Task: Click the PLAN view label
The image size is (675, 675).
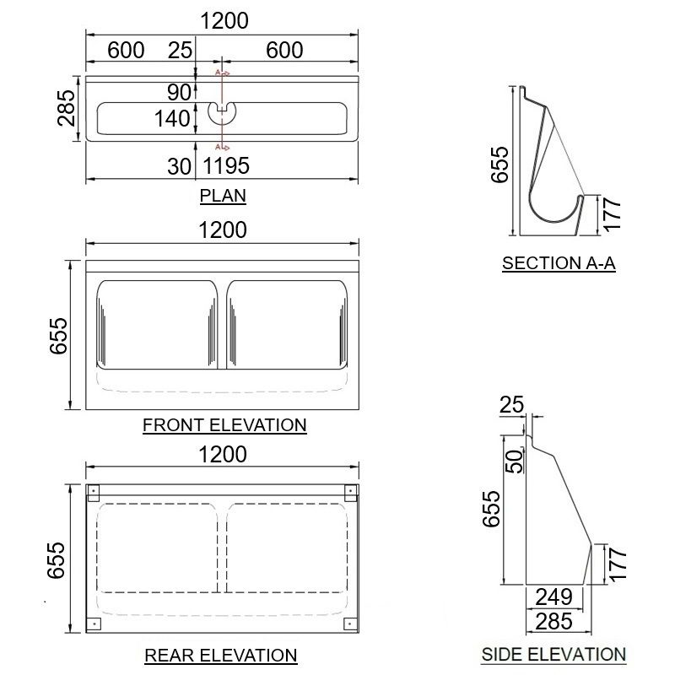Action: (223, 196)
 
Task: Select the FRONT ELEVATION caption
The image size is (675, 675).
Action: (224, 424)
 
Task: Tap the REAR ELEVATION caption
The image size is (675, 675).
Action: (221, 655)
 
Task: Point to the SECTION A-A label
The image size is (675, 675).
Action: (559, 263)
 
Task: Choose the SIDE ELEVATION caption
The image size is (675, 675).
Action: (553, 654)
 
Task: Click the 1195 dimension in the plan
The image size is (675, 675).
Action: (226, 166)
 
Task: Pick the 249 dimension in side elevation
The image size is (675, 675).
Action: (553, 597)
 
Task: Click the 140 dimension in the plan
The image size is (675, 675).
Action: (172, 119)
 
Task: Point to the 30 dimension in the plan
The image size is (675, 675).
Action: (179, 166)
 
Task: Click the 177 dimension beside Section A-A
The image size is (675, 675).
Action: (613, 215)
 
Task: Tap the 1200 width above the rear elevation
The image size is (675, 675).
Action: (223, 455)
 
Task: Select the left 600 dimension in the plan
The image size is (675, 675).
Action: (126, 50)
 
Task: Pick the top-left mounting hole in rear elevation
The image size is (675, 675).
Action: (93, 492)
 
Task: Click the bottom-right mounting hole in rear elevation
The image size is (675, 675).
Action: (349, 624)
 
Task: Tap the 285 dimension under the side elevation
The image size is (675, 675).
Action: (553, 622)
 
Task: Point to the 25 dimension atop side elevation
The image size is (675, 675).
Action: (511, 406)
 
